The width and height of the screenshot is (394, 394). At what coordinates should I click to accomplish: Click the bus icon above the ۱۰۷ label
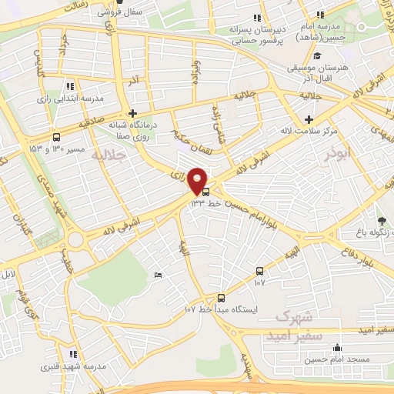(x=259, y=271)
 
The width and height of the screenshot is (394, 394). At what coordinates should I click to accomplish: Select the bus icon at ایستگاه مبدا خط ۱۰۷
(x=221, y=298)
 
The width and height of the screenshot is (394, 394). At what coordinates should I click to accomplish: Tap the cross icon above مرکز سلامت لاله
(x=309, y=119)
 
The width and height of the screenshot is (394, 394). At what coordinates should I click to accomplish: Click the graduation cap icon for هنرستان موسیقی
(x=317, y=55)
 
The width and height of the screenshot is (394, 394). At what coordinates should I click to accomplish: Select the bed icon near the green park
(x=158, y=275)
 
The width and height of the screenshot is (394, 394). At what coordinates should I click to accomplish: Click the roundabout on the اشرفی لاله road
(x=76, y=240)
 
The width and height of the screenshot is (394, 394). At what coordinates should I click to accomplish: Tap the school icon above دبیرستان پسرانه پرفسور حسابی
(x=257, y=17)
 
